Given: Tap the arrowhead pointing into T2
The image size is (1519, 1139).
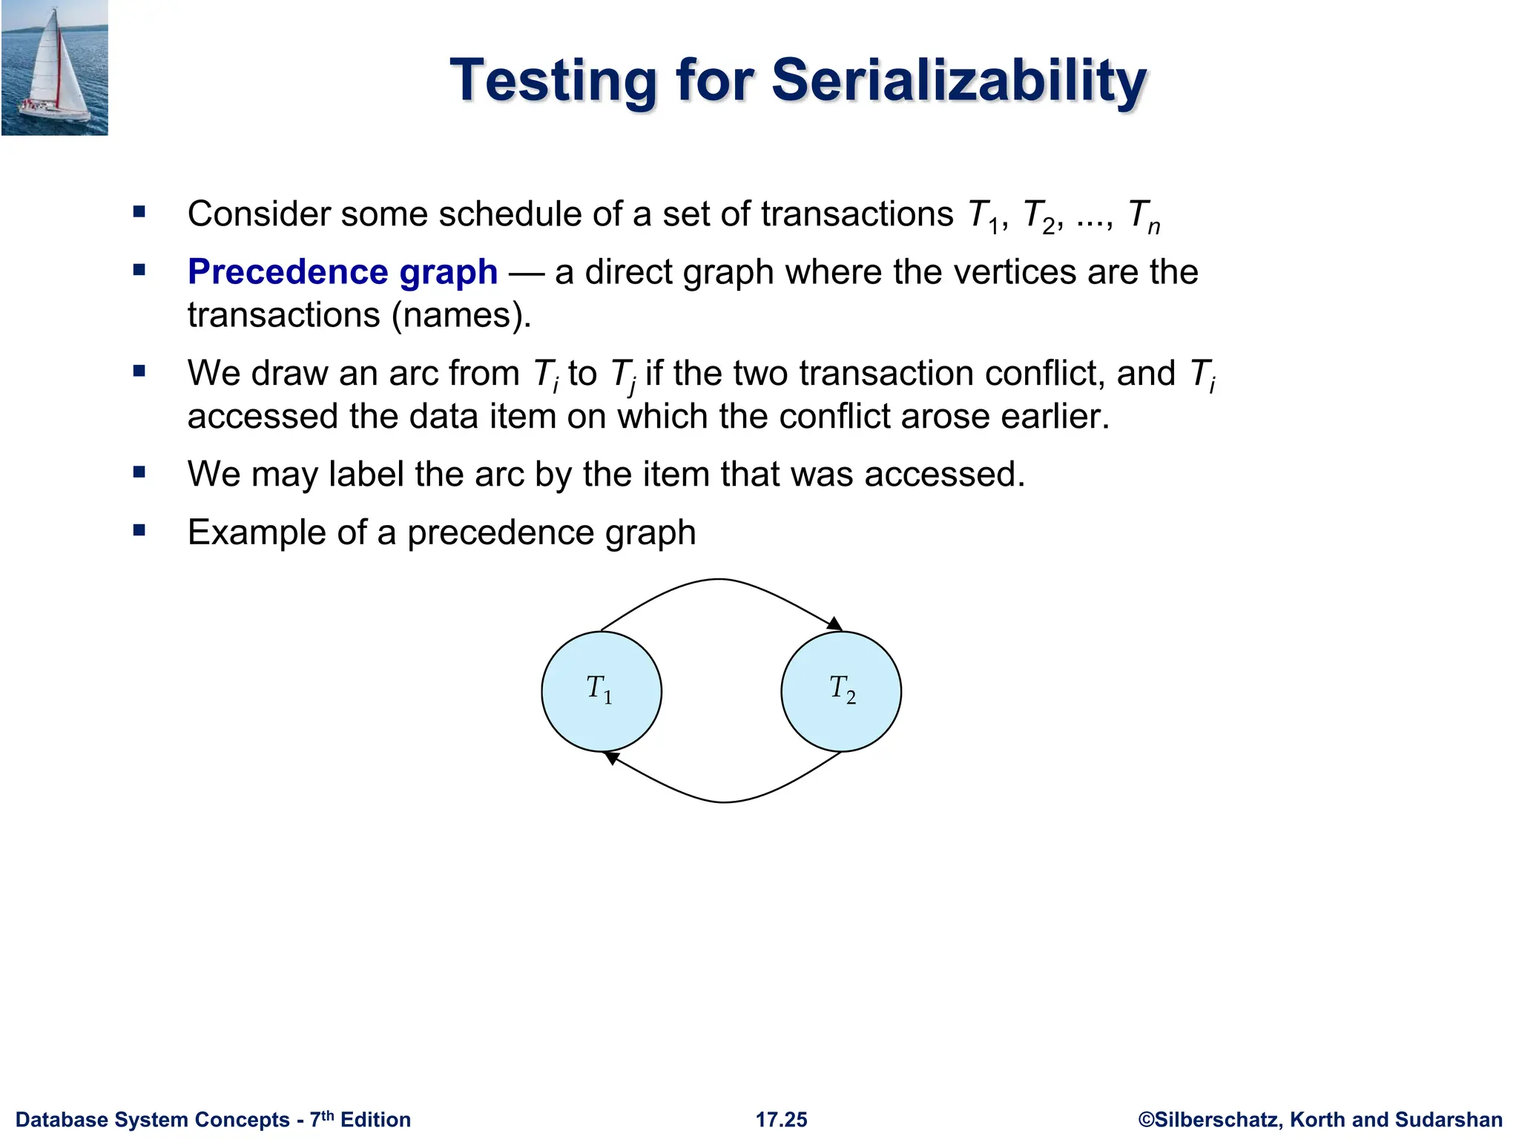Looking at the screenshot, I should [835, 624].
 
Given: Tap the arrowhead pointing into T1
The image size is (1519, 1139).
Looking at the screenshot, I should [611, 757].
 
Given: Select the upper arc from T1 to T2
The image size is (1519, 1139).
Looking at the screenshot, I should [718, 580].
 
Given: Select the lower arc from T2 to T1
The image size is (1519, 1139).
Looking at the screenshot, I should [724, 802].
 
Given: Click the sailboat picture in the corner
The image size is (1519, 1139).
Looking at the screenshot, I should [55, 67].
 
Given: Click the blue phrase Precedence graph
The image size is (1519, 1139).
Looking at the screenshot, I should [342, 271].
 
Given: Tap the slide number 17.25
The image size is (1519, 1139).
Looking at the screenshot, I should [781, 1119].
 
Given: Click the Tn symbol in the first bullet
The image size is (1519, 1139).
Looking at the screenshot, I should [1142, 216].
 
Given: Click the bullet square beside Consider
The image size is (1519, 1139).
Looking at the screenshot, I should [139, 213].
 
